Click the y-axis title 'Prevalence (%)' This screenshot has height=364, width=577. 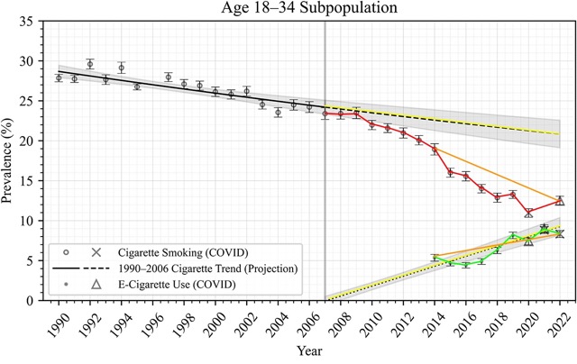coord(11,160)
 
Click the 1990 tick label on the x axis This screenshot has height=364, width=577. coord(57,321)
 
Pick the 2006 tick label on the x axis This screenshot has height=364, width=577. coord(307,321)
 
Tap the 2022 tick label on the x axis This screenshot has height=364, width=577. coord(558,321)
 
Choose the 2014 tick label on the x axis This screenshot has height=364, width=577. coord(433,321)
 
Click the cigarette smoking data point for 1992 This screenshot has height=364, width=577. coord(90,64)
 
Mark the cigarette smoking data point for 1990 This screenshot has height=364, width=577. coord(59,78)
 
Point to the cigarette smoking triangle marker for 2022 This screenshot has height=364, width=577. coord(560,201)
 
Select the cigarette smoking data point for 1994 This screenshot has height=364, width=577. coord(122,68)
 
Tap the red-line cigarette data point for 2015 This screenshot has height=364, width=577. coord(450,172)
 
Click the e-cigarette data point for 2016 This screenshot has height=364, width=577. coord(466,265)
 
